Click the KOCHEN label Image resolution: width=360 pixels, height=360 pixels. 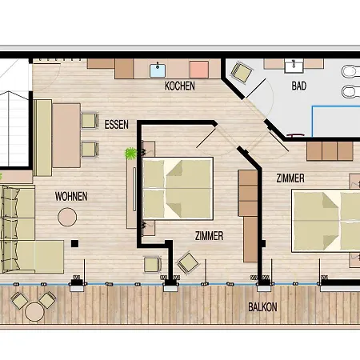[180, 86]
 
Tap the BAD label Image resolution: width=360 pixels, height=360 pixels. [299, 85]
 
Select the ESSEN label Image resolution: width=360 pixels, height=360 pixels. [117, 125]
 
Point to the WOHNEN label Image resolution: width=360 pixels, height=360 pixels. [71, 196]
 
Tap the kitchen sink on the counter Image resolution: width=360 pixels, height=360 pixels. [158, 68]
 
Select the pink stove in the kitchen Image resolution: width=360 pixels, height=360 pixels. [198, 69]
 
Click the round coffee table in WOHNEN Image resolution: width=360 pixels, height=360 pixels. [67, 217]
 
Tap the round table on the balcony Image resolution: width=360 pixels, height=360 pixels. [34, 310]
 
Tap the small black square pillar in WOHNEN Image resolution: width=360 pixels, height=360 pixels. [74, 243]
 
